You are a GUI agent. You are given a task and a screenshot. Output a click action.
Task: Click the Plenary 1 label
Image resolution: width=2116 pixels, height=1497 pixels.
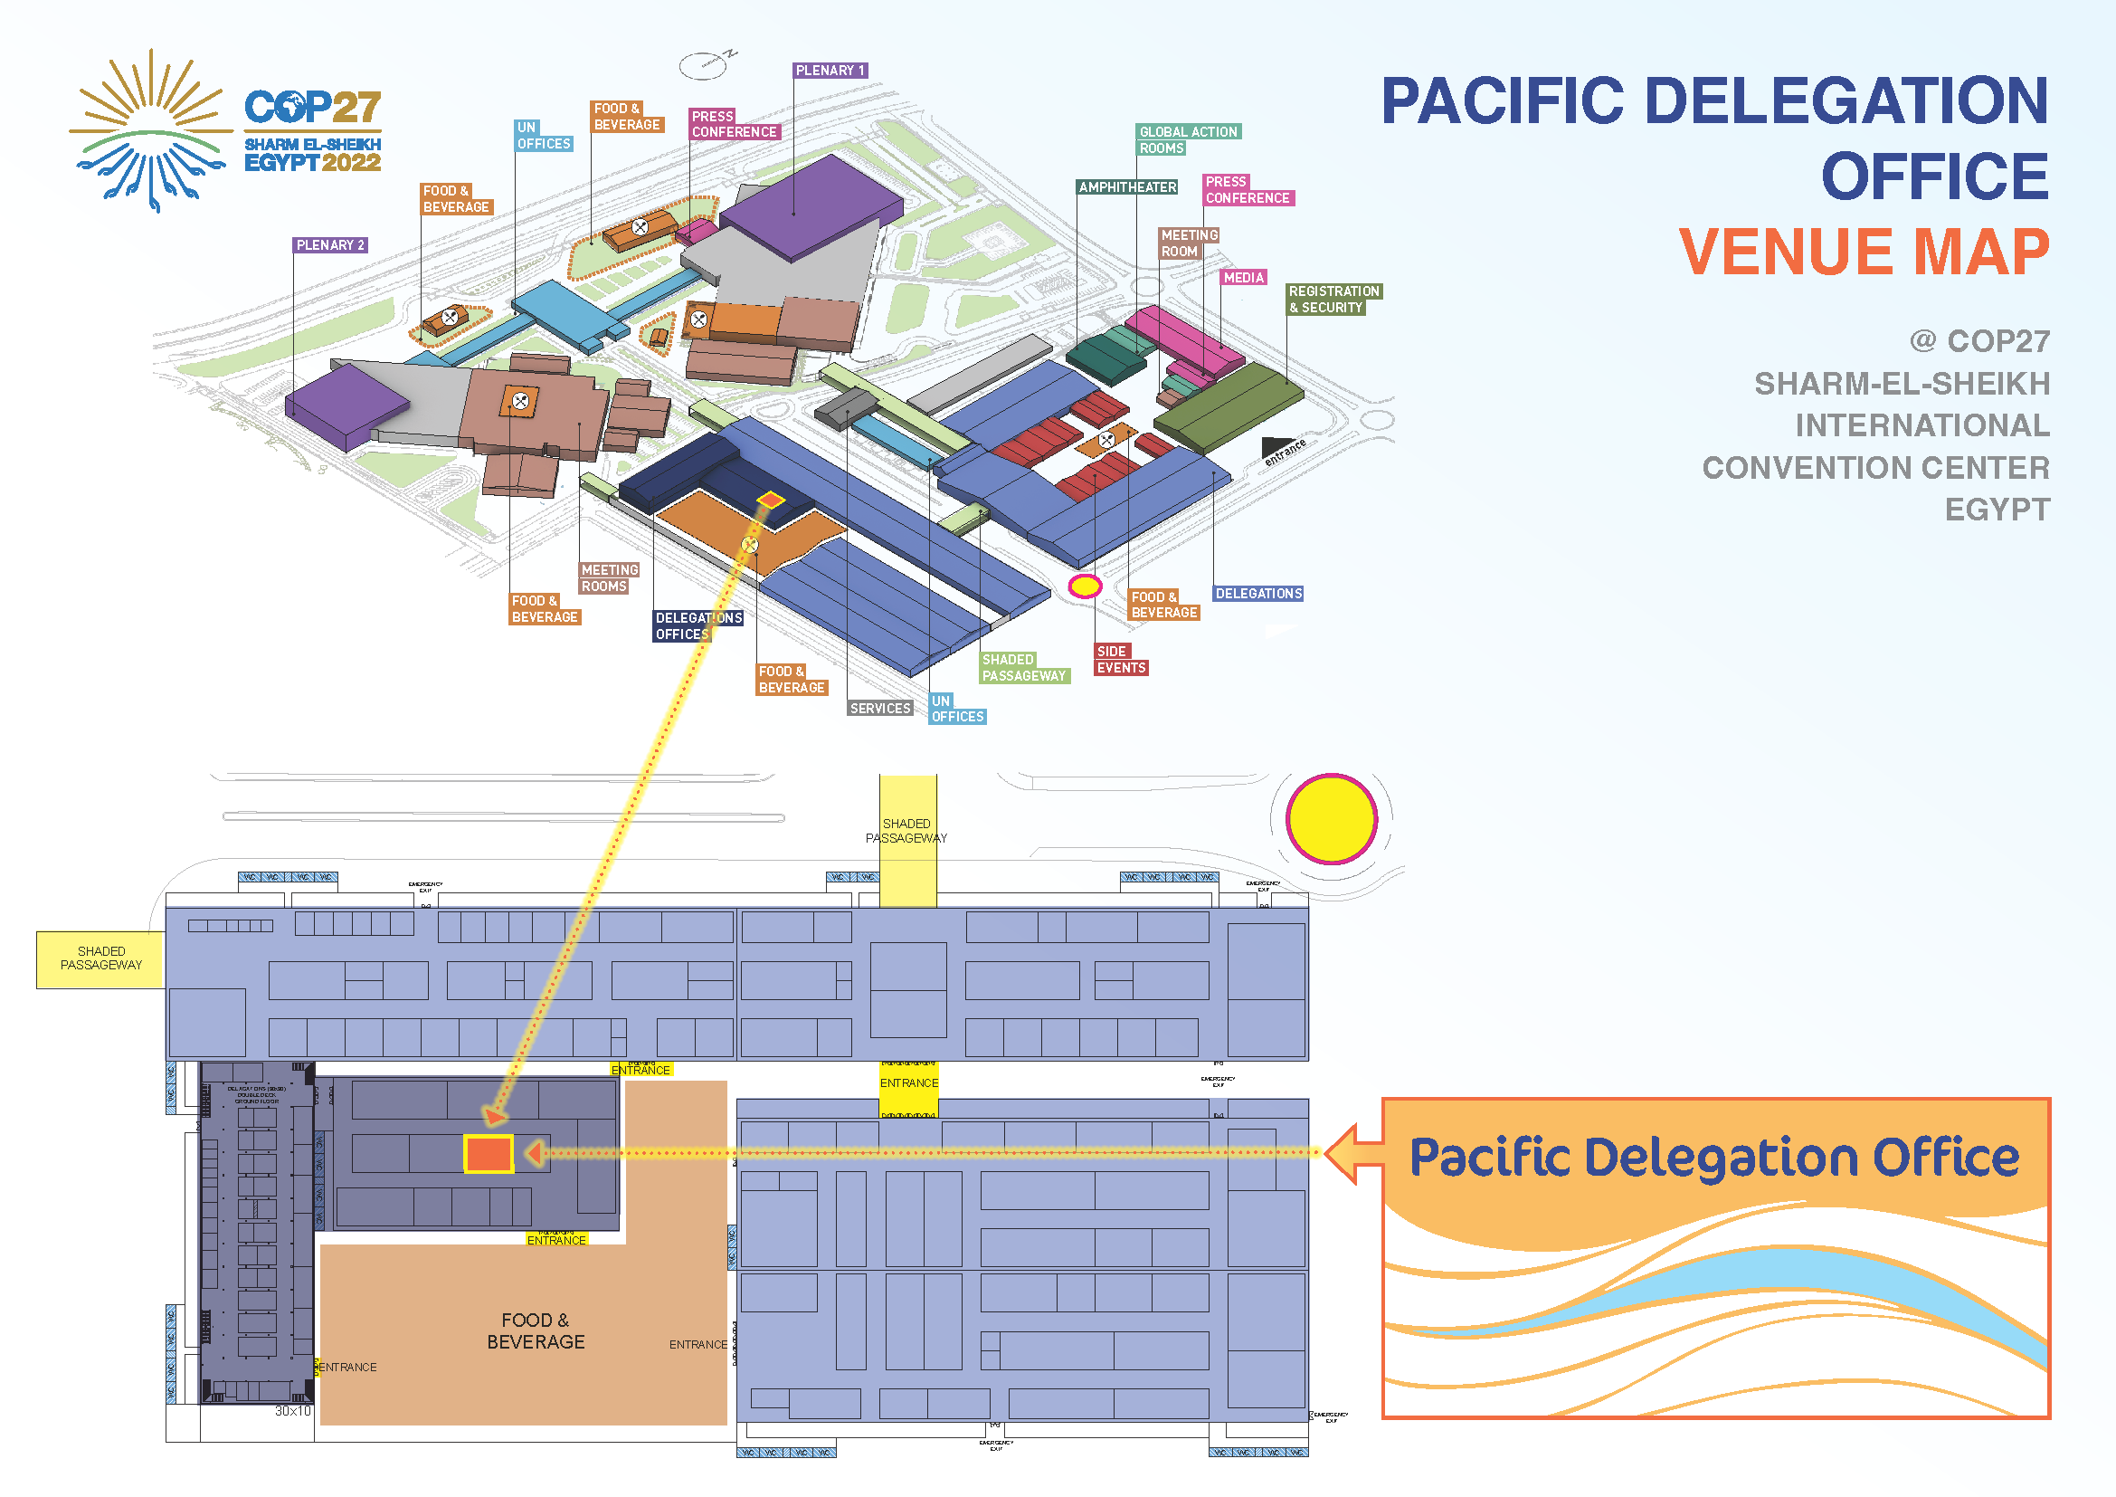pos(830,70)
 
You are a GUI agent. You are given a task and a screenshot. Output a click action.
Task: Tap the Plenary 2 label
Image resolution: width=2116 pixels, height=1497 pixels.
pos(330,245)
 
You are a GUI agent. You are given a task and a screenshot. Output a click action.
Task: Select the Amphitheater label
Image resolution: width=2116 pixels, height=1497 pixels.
pos(1127,187)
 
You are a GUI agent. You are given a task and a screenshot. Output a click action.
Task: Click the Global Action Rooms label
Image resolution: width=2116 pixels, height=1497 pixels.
pos(1188,140)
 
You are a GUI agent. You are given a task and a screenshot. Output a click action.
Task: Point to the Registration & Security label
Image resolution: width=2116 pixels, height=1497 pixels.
pos(1333,300)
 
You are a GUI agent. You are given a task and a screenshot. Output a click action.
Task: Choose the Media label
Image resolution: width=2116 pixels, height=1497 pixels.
pos(1243,278)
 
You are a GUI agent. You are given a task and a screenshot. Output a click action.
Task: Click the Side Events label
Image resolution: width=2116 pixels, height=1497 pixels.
pos(1121,660)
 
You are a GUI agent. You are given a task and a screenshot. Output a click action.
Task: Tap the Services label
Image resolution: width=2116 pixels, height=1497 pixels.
pos(880,709)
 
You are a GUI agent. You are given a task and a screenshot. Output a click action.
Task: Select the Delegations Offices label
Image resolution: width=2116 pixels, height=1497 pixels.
pos(697,626)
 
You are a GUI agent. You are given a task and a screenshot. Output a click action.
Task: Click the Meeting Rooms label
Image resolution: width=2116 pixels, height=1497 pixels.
pos(608,578)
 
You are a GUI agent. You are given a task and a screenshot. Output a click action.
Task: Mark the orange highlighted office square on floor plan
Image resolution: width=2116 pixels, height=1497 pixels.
pos(489,1154)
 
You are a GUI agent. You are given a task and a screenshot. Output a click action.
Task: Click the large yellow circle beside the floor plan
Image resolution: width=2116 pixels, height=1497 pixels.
pos(1331,818)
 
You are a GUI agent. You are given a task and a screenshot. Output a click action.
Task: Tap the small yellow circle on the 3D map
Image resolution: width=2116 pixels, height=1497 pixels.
pos(1085,586)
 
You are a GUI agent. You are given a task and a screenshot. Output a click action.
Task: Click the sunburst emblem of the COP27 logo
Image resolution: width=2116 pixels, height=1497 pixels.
pos(150,132)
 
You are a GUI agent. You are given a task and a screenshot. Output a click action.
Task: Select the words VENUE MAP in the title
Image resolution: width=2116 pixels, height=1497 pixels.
pos(1864,252)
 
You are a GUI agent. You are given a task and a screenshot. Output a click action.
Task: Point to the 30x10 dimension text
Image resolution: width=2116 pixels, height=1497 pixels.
pos(293,1411)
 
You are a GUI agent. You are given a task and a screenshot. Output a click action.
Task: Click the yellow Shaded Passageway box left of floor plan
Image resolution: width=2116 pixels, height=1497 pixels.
pos(100,958)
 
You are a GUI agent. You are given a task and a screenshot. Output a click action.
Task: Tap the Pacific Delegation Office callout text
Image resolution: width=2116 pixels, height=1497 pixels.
pos(1714,1158)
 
